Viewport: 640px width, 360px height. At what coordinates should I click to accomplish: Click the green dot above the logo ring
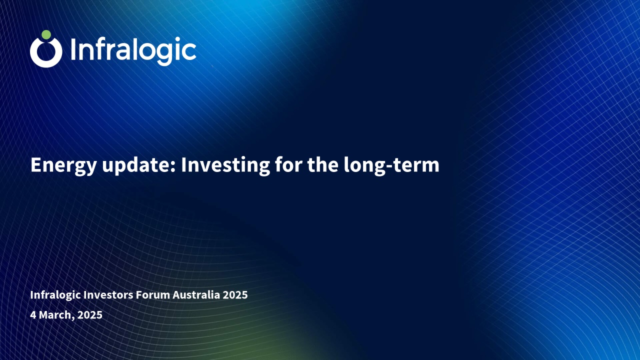(46, 34)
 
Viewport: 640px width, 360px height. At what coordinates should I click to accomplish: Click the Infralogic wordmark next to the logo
(133, 51)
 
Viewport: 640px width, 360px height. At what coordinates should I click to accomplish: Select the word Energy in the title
(63, 165)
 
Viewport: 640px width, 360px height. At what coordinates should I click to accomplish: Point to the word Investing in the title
(225, 165)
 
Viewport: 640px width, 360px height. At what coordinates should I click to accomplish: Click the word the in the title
(323, 165)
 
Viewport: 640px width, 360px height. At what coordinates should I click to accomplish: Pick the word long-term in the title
(391, 165)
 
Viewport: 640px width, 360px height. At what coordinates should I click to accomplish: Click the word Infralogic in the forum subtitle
(55, 295)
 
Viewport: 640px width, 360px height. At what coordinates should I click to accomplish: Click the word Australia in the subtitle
(196, 294)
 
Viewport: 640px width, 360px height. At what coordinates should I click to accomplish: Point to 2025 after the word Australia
(235, 294)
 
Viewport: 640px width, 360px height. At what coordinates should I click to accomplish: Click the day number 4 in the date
(33, 315)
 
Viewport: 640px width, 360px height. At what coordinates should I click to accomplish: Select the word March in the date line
(56, 315)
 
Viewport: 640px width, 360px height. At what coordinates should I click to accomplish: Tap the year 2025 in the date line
(90, 315)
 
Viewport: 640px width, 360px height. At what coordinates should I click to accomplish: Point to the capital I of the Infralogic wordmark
(73, 49)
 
